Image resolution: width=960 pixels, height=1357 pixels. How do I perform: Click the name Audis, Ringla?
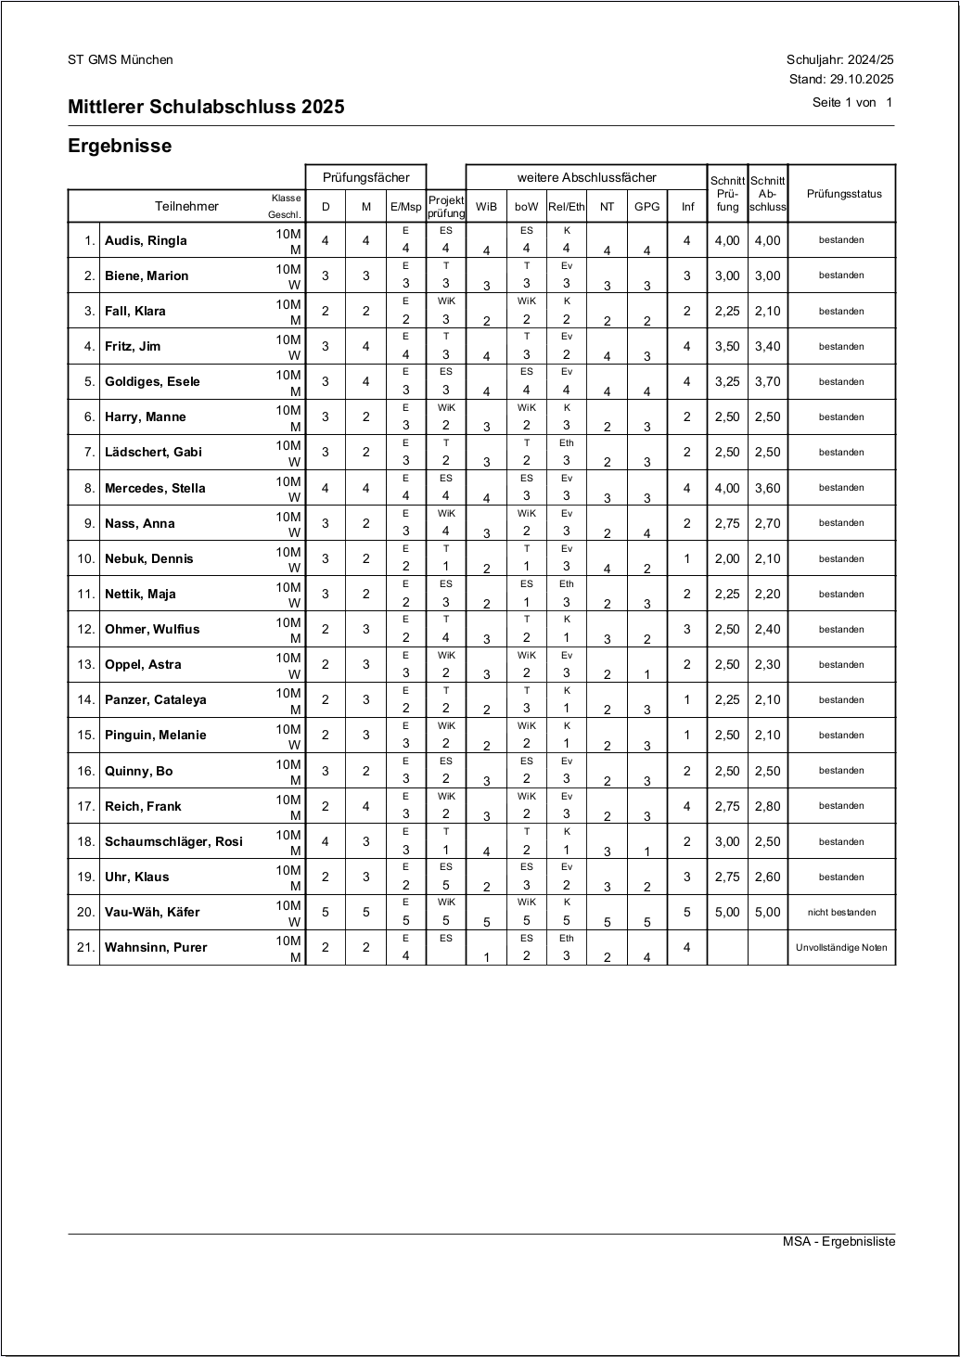coord(146,241)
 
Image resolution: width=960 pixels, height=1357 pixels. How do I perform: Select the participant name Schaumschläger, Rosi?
coord(173,842)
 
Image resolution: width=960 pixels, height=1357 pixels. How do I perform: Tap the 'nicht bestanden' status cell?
coord(841,913)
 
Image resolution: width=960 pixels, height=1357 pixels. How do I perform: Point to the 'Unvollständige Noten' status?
coord(841,948)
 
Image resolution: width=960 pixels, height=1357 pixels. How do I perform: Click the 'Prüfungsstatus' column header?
coord(843,194)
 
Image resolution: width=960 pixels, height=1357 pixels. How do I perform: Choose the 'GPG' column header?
coord(646,207)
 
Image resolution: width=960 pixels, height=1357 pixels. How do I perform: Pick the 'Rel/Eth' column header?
coord(567,207)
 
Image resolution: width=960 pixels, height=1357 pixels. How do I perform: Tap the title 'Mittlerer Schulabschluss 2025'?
coord(206,107)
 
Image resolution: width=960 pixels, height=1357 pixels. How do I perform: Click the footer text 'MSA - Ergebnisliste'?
coord(838,1242)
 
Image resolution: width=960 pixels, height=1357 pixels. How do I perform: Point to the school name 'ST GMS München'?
coord(121,60)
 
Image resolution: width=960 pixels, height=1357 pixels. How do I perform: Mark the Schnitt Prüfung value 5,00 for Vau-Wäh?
coord(727,913)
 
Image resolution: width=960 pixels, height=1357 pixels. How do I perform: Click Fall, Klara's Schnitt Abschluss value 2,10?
coord(767,312)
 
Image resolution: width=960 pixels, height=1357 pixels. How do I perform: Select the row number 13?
coord(86,665)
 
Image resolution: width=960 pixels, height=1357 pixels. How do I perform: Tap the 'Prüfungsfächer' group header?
coord(365,177)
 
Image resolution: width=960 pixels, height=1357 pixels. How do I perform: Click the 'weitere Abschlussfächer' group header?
coord(586,177)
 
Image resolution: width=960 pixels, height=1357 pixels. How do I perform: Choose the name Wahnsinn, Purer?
coord(156,948)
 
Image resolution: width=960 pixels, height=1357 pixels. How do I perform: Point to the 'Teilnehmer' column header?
coord(186,207)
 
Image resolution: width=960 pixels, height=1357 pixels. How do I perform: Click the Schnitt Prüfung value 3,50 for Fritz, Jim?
coord(727,347)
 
